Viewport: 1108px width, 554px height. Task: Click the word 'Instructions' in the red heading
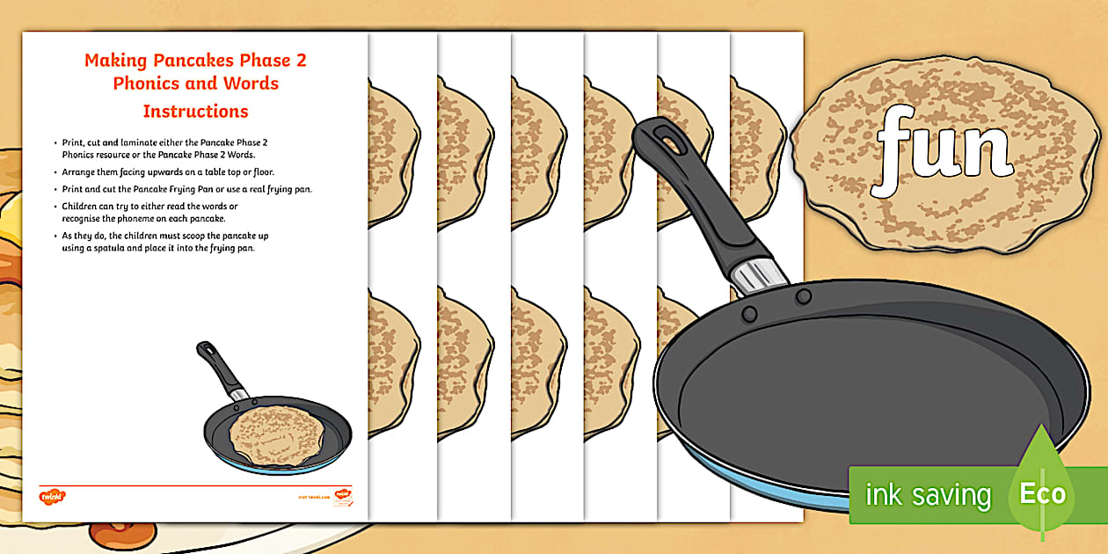click(x=195, y=112)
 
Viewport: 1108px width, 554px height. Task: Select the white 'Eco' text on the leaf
click(x=1042, y=494)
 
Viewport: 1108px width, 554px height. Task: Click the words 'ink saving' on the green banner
click(x=928, y=495)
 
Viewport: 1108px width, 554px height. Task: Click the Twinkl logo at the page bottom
click(x=54, y=498)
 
